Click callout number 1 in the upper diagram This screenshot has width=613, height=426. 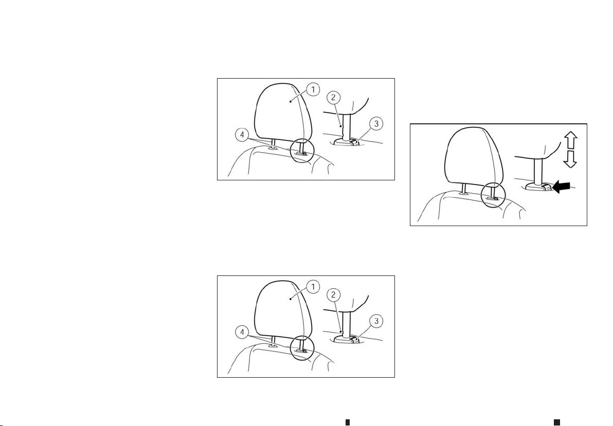coord(313,89)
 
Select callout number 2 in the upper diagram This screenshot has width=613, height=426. coord(333,97)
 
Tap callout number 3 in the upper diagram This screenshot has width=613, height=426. coord(376,124)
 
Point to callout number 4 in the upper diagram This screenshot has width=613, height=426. coord(242,135)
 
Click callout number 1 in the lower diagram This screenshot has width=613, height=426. coord(313,287)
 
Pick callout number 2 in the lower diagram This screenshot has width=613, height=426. coord(333,294)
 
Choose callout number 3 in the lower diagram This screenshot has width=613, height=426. coord(376,321)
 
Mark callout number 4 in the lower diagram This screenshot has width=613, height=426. coord(242,332)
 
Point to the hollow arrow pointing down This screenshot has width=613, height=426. coord(571,159)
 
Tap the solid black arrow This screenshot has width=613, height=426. coord(561,187)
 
